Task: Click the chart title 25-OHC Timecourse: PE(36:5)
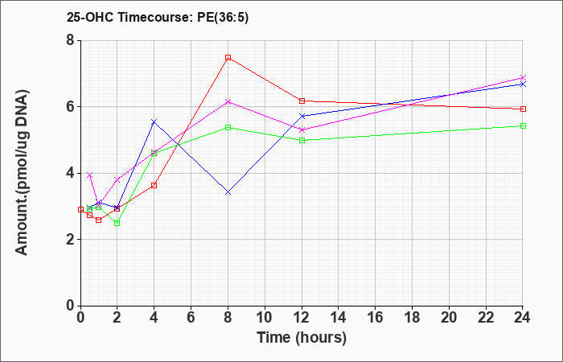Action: point(158,18)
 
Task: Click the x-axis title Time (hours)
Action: point(302,338)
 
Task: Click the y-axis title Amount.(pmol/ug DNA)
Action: point(23,172)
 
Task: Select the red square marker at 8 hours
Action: point(228,57)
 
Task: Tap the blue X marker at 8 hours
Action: point(228,192)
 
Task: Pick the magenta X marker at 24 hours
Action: point(523,77)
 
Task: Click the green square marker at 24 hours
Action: point(523,125)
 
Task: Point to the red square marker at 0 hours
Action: point(80,209)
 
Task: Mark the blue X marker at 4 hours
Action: point(154,121)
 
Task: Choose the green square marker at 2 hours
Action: point(117,224)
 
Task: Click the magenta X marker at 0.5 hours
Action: point(90,175)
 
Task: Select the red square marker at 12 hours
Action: point(302,101)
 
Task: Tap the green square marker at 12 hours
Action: point(302,141)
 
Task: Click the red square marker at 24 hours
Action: point(523,109)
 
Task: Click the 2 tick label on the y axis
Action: point(70,240)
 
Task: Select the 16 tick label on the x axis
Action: point(376,318)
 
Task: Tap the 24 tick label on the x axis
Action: point(523,318)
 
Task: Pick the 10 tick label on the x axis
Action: point(265,318)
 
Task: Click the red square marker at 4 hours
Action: point(154,185)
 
